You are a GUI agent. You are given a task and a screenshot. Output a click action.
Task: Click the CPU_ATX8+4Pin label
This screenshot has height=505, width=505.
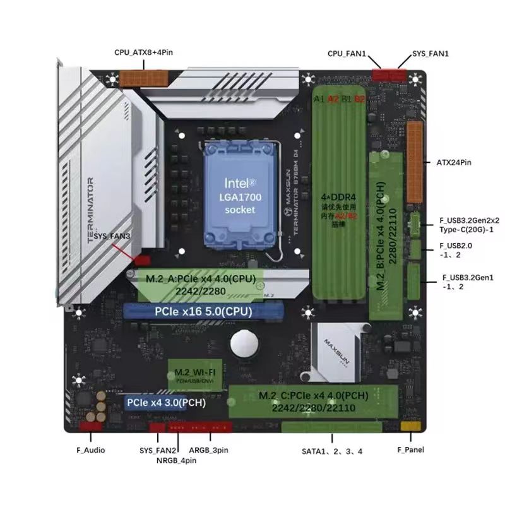[143, 53]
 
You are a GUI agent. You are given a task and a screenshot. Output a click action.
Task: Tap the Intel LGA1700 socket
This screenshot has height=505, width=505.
[240, 195]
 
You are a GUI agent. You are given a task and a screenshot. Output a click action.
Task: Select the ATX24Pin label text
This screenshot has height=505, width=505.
[454, 163]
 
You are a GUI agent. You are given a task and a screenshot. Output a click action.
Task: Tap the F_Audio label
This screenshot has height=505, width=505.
[90, 450]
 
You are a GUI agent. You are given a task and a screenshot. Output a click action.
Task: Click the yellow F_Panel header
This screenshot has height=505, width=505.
[408, 427]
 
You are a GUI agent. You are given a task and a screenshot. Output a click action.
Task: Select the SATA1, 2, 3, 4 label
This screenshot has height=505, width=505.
[332, 451]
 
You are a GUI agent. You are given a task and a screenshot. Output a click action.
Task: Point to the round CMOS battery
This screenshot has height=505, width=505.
[244, 345]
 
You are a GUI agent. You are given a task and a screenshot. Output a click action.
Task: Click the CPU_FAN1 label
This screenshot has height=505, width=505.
[347, 54]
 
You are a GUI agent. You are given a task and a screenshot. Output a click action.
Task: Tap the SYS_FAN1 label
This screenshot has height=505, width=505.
[430, 54]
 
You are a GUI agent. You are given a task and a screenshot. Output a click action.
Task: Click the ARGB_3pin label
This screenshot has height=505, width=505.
[209, 450]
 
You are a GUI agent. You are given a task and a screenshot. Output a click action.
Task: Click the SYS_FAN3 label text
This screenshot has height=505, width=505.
[112, 235]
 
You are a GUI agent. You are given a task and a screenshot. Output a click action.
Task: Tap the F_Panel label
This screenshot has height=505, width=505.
[410, 449]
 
